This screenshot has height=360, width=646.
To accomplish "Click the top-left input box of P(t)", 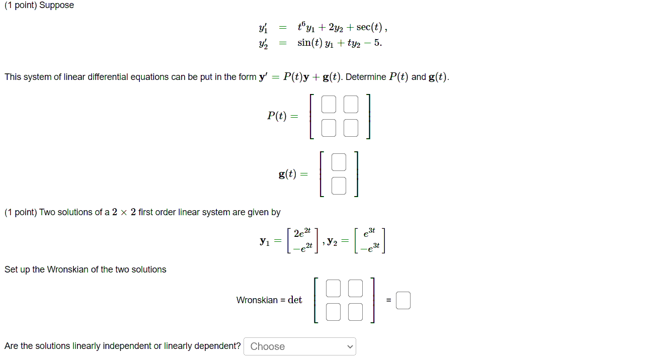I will (x=329, y=104).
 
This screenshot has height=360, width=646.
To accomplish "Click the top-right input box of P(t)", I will (x=351, y=104).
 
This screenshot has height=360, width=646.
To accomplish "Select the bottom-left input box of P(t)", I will (x=329, y=128).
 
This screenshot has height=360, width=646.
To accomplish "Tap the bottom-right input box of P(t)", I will (x=351, y=128).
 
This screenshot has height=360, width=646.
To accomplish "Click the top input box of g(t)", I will (x=339, y=162).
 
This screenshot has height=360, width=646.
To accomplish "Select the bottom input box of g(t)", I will (x=339, y=186).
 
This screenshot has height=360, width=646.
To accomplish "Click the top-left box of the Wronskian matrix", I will (x=333, y=288).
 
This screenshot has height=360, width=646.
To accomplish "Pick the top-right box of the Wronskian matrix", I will (x=355, y=288).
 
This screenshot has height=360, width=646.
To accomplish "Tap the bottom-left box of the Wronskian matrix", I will (x=333, y=312).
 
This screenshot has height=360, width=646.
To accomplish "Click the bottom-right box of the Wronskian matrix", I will (x=355, y=312).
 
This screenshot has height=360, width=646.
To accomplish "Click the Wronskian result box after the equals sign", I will (x=403, y=301).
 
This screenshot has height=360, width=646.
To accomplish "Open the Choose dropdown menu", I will (x=300, y=346).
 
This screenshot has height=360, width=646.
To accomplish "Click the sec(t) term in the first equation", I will (x=370, y=26).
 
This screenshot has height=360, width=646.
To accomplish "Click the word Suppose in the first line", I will (x=56, y=6).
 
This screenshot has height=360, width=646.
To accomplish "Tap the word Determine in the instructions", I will (x=366, y=77).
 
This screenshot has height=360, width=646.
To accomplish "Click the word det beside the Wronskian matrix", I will (x=295, y=300).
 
